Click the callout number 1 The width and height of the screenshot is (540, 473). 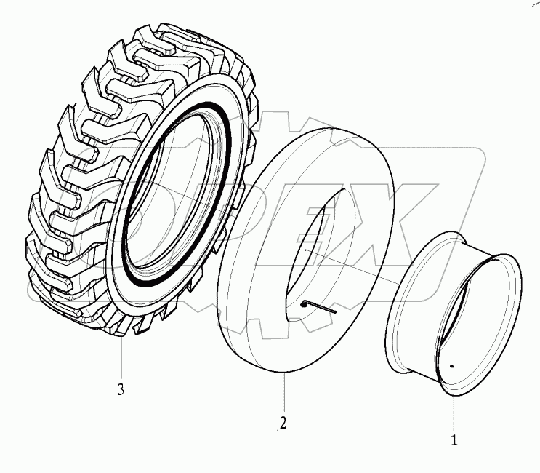(456, 440)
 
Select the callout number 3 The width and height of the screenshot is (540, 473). (121, 389)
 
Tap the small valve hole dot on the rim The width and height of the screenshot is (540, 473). (451, 366)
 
